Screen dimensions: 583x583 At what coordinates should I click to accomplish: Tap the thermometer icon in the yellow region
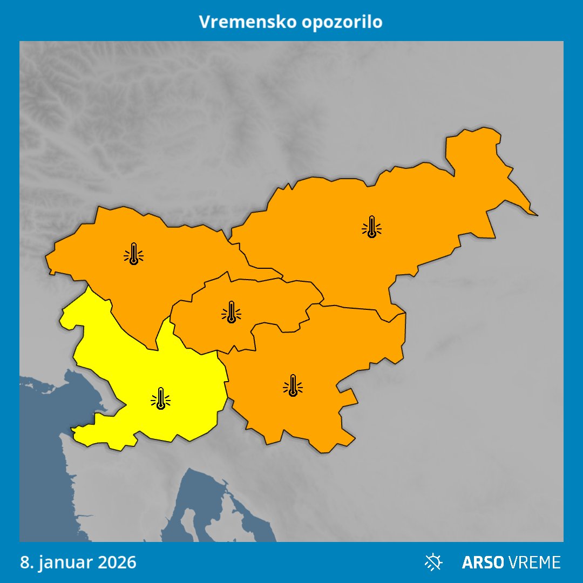click(160, 398)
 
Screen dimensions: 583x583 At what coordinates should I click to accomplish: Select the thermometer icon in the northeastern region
click(371, 227)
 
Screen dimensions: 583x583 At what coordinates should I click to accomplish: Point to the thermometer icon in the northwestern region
click(133, 254)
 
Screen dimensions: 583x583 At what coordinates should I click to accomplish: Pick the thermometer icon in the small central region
click(232, 312)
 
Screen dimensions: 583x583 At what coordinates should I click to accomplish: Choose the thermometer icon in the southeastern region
click(293, 385)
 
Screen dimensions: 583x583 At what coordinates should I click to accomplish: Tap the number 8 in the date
click(24, 562)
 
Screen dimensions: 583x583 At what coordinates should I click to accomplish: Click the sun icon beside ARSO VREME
click(433, 562)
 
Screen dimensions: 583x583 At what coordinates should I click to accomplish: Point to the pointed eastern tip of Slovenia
click(536, 215)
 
